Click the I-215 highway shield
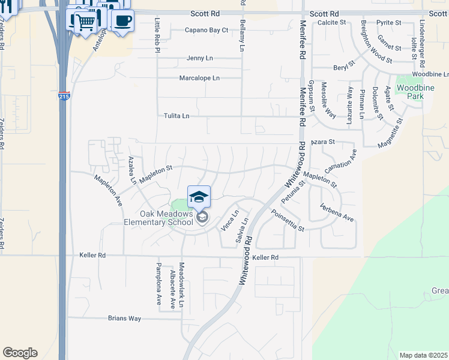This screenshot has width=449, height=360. (x=64, y=96)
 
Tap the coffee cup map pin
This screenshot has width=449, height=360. (x=122, y=21)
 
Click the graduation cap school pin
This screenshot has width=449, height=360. (x=199, y=197)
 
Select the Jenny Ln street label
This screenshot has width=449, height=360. (x=200, y=58)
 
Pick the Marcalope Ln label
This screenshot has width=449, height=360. (x=199, y=78)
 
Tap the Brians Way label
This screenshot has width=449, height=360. (x=124, y=319)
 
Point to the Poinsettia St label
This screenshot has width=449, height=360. (x=288, y=221)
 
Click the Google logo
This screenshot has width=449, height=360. (x=20, y=353)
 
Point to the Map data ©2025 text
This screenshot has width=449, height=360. (x=423, y=355)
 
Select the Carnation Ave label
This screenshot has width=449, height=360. (x=340, y=161)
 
